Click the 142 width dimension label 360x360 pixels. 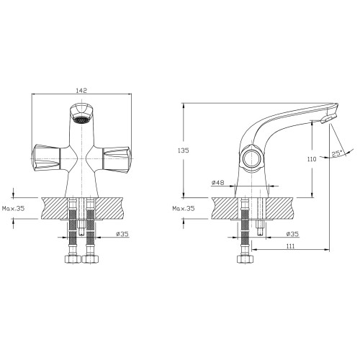pos(81,91)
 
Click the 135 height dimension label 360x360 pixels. pos(184,150)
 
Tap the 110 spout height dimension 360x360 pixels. pos(312,159)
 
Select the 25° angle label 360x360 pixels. pos(337,153)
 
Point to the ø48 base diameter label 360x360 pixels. pos(217,183)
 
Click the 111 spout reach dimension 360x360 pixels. pos(290,246)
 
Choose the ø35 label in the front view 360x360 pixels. pos(122,234)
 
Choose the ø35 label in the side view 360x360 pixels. pos(292,234)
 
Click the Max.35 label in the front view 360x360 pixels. pos(14,208)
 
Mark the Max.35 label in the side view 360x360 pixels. pos(184,208)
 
